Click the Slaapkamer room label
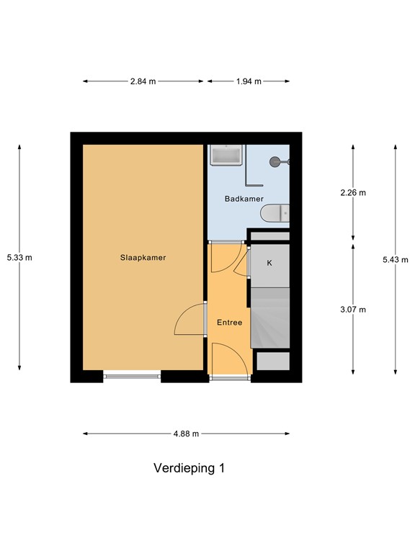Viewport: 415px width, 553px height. (x=143, y=257)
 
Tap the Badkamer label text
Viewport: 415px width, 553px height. (x=244, y=199)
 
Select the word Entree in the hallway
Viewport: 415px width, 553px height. (x=229, y=323)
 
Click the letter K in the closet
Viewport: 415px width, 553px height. (x=269, y=263)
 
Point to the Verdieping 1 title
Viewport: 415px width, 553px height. (x=189, y=468)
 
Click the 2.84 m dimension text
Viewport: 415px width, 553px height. (x=143, y=81)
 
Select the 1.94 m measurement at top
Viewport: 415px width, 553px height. (x=249, y=81)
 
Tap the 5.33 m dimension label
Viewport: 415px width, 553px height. (x=19, y=257)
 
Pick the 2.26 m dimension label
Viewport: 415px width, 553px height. (x=353, y=192)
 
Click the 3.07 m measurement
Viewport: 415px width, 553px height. (x=353, y=310)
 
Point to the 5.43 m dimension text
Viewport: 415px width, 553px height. (x=395, y=260)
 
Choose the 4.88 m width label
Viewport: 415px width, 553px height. (x=186, y=433)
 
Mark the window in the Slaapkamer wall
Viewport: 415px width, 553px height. (x=132, y=374)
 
